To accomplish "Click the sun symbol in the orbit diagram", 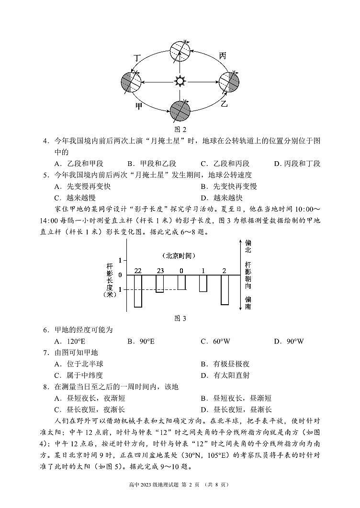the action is (x=180, y=81).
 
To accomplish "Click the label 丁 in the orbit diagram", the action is (x=137, y=58).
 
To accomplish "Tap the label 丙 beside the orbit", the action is (x=223, y=56).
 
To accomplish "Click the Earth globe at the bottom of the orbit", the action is (x=180, y=111).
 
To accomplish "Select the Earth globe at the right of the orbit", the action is (x=228, y=81).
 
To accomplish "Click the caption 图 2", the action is (x=180, y=129).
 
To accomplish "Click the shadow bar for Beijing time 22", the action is (x=138, y=291).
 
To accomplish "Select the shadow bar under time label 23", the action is (x=160, y=284).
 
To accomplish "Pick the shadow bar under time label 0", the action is (x=181, y=282).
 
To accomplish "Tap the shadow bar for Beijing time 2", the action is (x=225, y=290).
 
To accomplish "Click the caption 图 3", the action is (x=180, y=318).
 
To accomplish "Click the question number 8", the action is (x=46, y=387).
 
